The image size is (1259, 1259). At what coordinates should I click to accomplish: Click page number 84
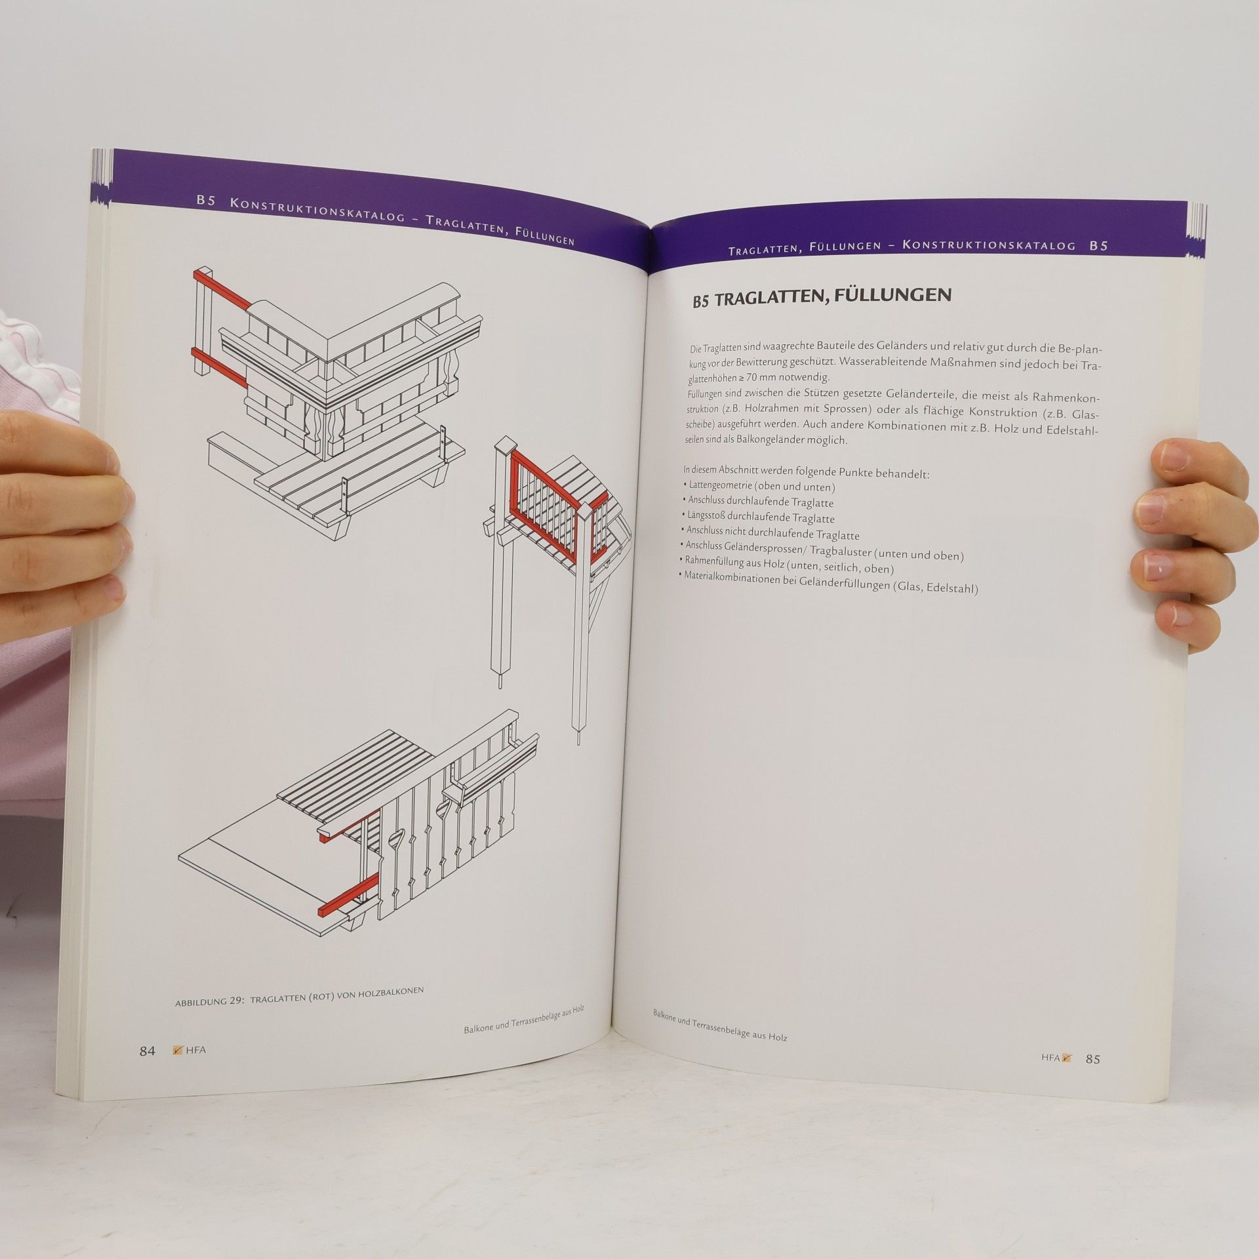click(147, 1050)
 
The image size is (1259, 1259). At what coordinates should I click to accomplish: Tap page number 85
click(1092, 1077)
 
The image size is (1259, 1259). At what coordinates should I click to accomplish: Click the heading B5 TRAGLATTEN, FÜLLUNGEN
click(822, 298)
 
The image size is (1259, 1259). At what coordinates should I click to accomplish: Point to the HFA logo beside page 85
click(1056, 1075)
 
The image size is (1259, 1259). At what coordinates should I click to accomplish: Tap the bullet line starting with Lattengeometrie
click(759, 487)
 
